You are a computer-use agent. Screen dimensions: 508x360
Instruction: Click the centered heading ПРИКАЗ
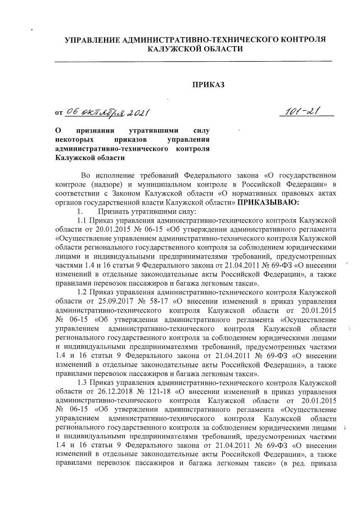tap(208, 84)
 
